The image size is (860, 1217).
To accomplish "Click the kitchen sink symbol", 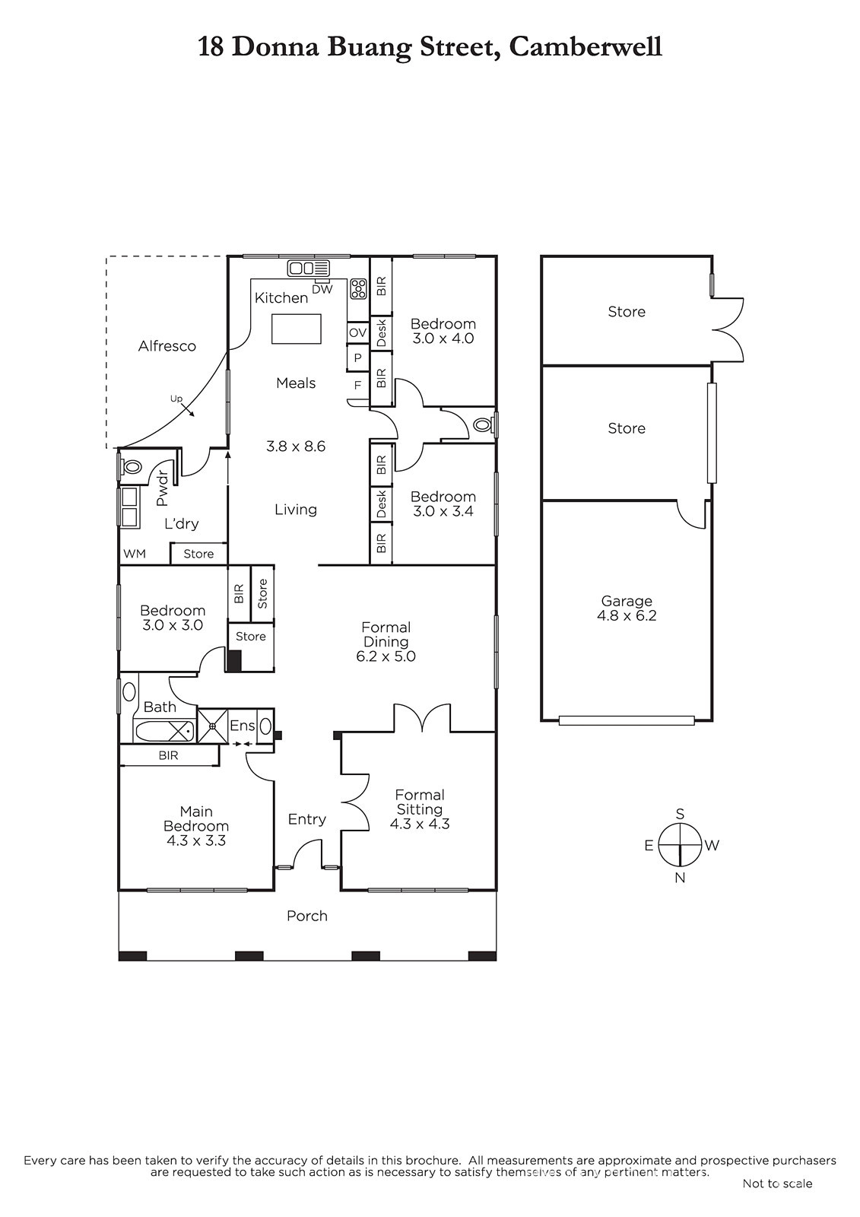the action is pyautogui.click(x=309, y=268).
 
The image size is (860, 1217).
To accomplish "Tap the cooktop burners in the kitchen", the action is pyautogui.click(x=358, y=288).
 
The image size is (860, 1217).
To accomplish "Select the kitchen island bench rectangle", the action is pyautogui.click(x=296, y=329).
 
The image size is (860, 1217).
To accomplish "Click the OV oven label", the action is pyautogui.click(x=357, y=332).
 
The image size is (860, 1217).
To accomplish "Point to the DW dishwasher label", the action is pyautogui.click(x=322, y=290).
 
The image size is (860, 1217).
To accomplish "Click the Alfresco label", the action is pyautogui.click(x=167, y=346).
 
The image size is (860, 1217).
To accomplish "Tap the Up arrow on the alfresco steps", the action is pyautogui.click(x=189, y=411).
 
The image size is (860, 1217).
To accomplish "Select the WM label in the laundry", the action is pyautogui.click(x=135, y=554).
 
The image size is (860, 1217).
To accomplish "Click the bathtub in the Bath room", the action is pyautogui.click(x=164, y=731).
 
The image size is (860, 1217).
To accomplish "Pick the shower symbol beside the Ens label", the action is pyautogui.click(x=212, y=726).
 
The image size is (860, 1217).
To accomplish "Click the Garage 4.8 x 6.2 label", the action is pyautogui.click(x=627, y=608).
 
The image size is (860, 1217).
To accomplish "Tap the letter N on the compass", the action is pyautogui.click(x=680, y=878).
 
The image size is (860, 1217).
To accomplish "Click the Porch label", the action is pyautogui.click(x=307, y=916).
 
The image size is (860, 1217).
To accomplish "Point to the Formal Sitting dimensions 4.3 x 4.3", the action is pyautogui.click(x=420, y=824).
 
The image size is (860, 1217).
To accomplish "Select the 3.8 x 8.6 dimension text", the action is pyautogui.click(x=296, y=446).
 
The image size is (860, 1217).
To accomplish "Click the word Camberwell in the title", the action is pyautogui.click(x=585, y=47).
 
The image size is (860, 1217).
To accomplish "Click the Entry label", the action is pyautogui.click(x=307, y=819).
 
